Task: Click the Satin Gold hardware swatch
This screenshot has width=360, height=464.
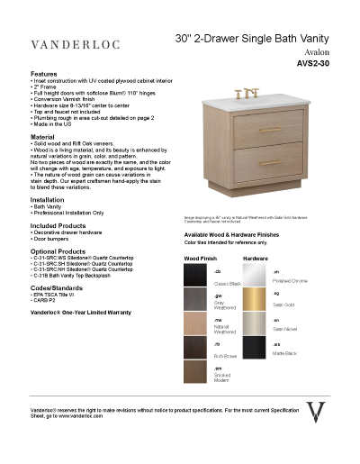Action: (x=255, y=299)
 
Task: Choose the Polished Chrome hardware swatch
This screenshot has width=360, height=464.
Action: (x=255, y=275)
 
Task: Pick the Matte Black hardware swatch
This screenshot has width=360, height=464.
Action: (x=255, y=348)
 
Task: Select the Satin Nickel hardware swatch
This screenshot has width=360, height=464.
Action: (x=255, y=323)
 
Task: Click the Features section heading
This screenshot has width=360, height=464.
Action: (x=44, y=73)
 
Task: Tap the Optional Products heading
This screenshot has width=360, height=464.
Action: (x=58, y=251)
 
